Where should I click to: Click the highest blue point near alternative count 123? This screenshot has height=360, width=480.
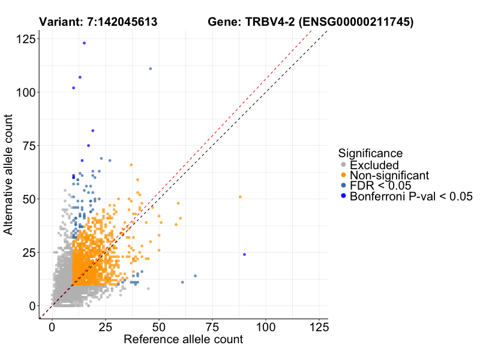click(x=84, y=43)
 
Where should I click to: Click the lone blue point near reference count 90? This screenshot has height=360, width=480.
click(x=244, y=254)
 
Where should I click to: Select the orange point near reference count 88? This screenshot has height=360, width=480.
click(x=240, y=197)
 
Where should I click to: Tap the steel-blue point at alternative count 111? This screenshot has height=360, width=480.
click(x=150, y=68)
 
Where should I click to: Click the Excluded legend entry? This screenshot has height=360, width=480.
click(x=374, y=165)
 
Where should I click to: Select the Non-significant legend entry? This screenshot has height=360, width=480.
click(x=389, y=175)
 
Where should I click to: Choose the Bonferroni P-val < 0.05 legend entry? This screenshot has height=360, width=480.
click(x=412, y=196)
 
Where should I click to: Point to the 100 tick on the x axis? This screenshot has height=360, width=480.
click(x=266, y=328)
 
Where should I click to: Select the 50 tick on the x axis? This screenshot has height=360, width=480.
click(x=159, y=328)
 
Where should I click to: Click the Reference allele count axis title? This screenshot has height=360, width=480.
click(x=183, y=340)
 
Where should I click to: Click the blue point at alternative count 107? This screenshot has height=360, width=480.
click(x=80, y=77)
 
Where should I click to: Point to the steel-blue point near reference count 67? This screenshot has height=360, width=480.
click(x=195, y=276)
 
